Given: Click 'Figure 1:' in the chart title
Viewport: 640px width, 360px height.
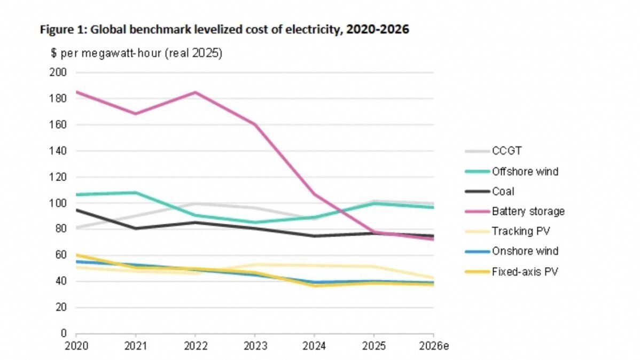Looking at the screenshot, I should tap(63, 30).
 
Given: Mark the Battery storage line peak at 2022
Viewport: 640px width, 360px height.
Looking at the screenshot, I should tap(196, 92).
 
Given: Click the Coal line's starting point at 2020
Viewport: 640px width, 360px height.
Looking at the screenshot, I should tap(76, 210).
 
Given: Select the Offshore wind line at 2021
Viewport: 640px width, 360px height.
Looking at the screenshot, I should tap(136, 192).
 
